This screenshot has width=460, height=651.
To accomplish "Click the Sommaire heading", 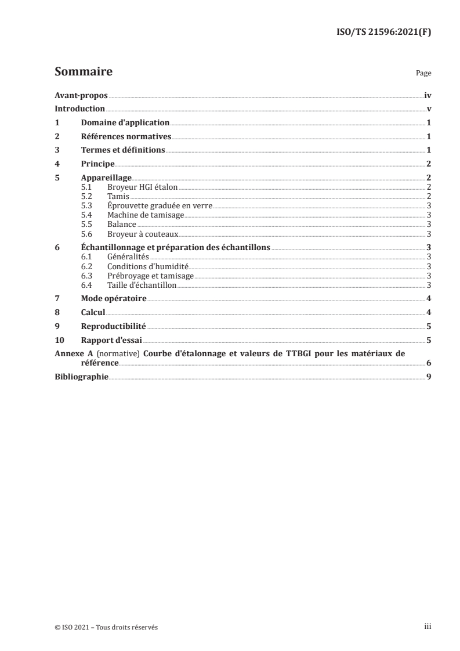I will coord(83,72).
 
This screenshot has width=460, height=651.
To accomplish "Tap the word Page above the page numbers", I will coord(423,74).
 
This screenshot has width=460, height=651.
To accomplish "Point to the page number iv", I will coord(428,95).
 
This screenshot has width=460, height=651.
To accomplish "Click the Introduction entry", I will coord(79,109).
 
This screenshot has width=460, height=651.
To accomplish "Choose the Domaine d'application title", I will coord(125,123).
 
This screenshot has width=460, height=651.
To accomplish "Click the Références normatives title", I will coord(126,137).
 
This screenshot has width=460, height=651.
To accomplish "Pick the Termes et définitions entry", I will coord(123,150).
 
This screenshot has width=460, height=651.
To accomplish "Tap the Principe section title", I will coord(97,164).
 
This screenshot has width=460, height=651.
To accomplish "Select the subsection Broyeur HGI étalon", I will coord(142,187).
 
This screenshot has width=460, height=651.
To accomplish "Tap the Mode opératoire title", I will coord(113,299).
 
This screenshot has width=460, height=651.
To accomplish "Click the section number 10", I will coord(59,340).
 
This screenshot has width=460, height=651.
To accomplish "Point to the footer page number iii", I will coord(428,627).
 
